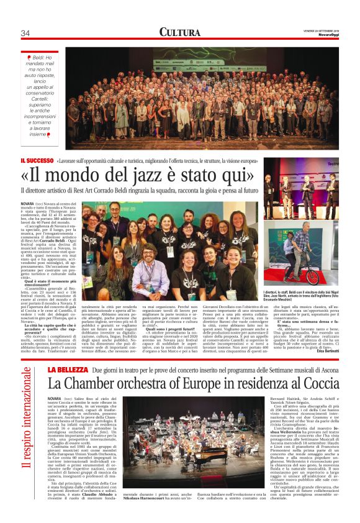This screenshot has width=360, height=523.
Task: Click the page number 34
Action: (25, 33)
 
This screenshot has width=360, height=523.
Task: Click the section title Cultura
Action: (179, 32)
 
